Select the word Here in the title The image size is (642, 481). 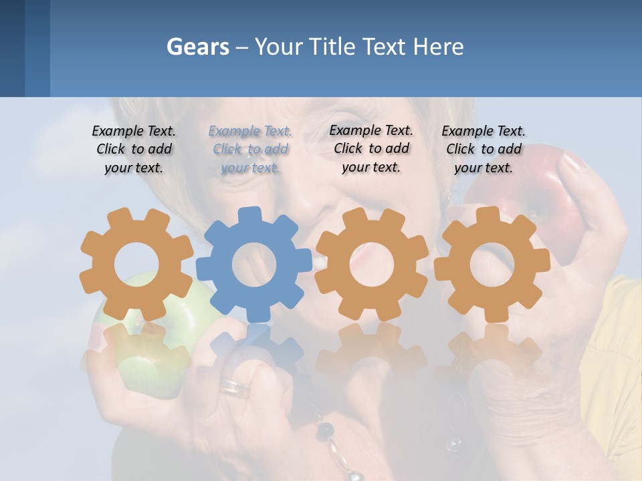click(x=438, y=47)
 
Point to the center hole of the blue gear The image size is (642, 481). click(x=254, y=265)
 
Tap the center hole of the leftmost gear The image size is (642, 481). click(x=136, y=265)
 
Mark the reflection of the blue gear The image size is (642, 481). click(x=254, y=347)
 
